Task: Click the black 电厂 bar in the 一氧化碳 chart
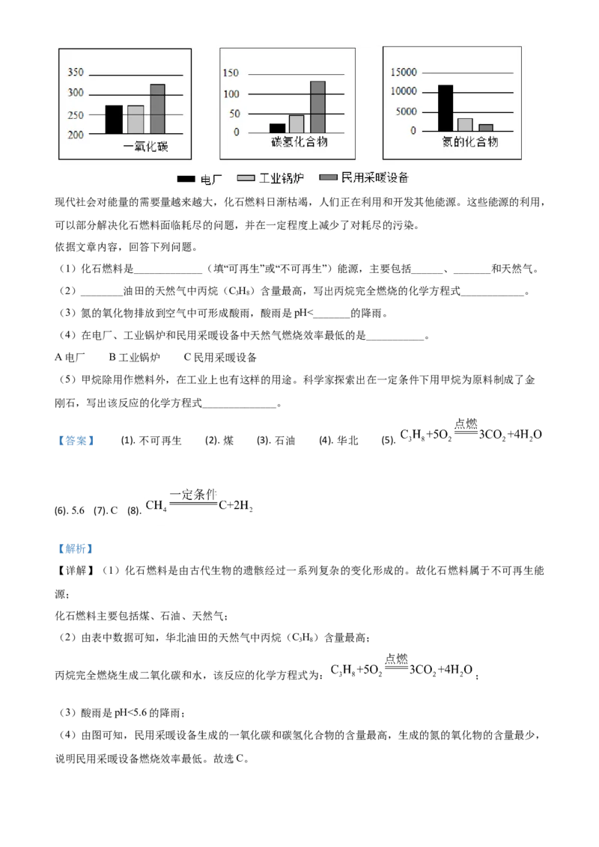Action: click(114, 120)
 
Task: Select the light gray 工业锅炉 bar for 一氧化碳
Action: click(136, 120)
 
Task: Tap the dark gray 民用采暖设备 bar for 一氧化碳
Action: click(157, 109)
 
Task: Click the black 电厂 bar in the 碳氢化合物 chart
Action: click(277, 128)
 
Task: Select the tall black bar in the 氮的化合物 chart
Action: click(446, 108)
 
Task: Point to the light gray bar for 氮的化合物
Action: click(465, 124)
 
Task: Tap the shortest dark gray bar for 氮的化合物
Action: click(486, 127)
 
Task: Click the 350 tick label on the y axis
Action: click(76, 73)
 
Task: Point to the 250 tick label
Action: click(76, 115)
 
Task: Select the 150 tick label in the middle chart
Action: click(231, 73)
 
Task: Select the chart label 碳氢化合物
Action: click(299, 142)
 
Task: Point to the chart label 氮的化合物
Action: click(469, 141)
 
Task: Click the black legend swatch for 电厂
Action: click(186, 179)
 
